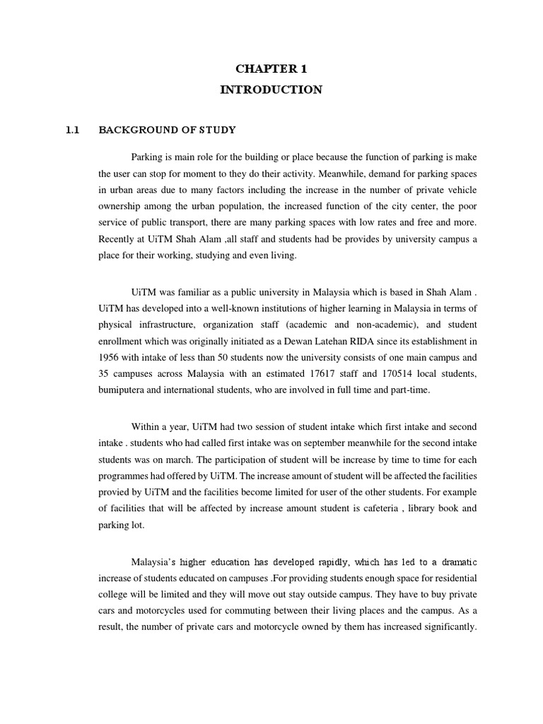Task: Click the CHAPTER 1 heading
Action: (x=271, y=69)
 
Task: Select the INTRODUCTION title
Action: (x=271, y=90)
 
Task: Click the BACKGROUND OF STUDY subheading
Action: (x=167, y=130)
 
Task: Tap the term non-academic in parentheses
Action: (x=389, y=324)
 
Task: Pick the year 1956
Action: (x=111, y=358)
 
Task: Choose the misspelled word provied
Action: (x=115, y=494)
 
